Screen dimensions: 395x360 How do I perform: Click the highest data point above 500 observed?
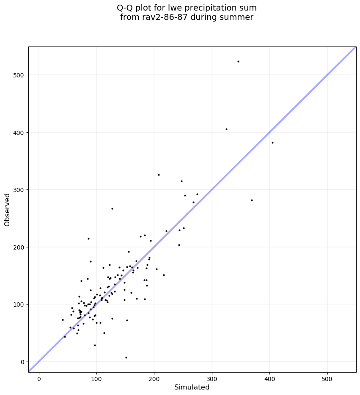[x=238, y=61]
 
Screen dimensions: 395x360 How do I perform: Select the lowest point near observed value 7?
[x=126, y=357]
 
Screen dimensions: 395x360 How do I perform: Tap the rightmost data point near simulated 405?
[x=272, y=143]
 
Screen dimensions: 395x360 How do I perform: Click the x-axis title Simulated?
[x=192, y=387]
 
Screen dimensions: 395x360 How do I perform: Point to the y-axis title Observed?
[x=7, y=209]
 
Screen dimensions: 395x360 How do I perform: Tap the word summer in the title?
[x=239, y=17]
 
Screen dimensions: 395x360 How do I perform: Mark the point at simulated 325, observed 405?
[x=226, y=129]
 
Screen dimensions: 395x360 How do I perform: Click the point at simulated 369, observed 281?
[x=252, y=200]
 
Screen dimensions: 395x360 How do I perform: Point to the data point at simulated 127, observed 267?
[x=112, y=208]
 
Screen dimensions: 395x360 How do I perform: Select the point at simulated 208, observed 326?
[x=159, y=175]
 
